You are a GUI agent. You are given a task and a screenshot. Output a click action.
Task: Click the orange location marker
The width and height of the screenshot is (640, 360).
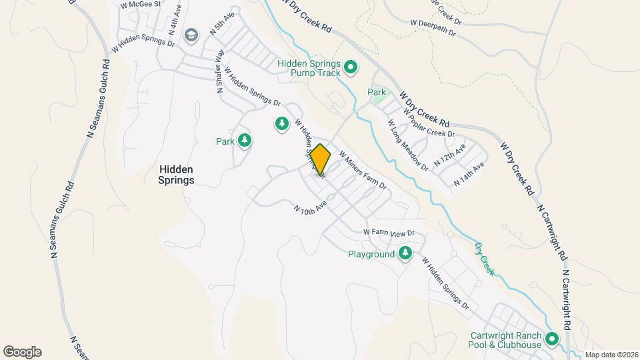click(x=321, y=159)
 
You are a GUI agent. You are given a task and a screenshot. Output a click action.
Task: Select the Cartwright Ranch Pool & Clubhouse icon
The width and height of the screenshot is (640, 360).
click(x=551, y=339)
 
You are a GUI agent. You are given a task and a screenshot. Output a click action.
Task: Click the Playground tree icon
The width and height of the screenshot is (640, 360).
click(x=405, y=254)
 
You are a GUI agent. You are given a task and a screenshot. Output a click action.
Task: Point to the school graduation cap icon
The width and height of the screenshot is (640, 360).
click(x=191, y=35)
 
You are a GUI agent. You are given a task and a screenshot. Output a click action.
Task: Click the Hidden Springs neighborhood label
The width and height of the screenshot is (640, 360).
click(x=177, y=175)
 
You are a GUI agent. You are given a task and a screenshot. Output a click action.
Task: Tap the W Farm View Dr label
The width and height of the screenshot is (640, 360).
click(x=389, y=233)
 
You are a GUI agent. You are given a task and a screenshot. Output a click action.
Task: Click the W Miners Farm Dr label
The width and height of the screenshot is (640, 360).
click(x=363, y=169)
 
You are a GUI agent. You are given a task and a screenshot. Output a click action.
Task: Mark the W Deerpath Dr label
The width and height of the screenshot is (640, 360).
click(x=433, y=27)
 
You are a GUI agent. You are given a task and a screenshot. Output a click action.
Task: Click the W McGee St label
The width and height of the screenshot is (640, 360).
click(x=141, y=4)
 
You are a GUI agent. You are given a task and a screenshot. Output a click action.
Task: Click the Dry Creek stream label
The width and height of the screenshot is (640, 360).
click(x=485, y=258)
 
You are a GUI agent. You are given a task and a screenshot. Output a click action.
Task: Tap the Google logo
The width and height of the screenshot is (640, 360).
click(x=22, y=352)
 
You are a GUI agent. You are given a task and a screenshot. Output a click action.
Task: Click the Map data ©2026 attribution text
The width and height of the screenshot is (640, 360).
click(x=611, y=355)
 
